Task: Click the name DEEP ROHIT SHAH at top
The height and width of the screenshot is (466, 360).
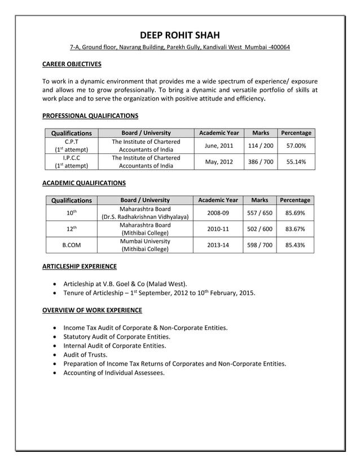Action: [x=180, y=35]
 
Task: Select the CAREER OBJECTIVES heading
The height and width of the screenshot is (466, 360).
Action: [x=72, y=64]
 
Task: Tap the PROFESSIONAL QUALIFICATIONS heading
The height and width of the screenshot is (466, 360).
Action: [x=90, y=116]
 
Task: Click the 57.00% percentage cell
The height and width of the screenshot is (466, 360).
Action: [x=296, y=146]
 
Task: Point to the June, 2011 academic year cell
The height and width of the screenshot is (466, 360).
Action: [x=219, y=146]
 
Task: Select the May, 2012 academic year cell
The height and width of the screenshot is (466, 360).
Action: [x=219, y=161]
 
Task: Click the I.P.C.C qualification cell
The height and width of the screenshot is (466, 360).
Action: [x=71, y=157]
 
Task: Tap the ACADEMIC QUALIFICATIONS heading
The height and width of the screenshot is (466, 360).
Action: [x=84, y=183]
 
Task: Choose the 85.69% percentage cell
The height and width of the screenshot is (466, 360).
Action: [x=295, y=213]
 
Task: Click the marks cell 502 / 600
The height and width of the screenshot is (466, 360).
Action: [x=260, y=229]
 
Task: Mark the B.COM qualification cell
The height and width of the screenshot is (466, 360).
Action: [x=71, y=245]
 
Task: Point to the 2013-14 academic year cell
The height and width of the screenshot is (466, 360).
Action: [x=218, y=245]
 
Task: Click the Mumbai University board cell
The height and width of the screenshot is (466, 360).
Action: [x=145, y=241]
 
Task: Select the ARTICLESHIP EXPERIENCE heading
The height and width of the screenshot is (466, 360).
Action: [x=80, y=266]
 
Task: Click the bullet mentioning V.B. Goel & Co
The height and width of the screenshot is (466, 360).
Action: [x=125, y=283]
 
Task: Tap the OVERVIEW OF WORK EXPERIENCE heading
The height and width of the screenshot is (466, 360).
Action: [x=92, y=310]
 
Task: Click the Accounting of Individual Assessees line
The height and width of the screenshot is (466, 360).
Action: [x=114, y=373]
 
